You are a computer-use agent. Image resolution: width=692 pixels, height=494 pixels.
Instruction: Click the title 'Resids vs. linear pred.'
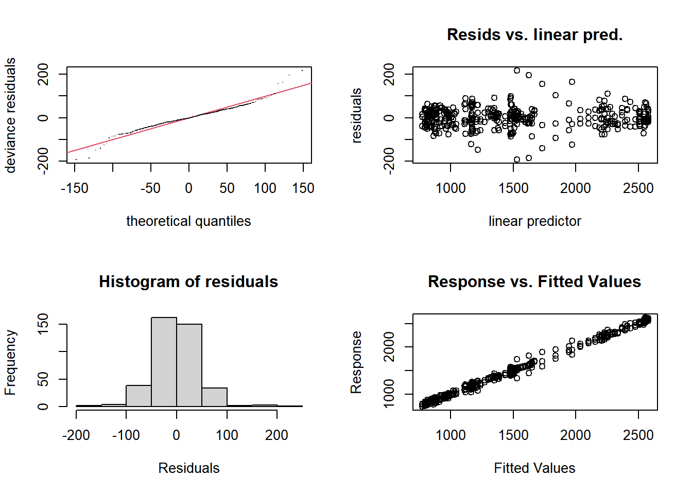tap(534, 34)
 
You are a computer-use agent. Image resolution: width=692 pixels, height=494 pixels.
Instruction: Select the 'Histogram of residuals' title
tap(188, 281)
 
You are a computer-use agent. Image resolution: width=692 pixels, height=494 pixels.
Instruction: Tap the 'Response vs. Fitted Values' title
tap(534, 281)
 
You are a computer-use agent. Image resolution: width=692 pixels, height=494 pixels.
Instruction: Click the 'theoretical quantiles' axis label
tap(188, 221)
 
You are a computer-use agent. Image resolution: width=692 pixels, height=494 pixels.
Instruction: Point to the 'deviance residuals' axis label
tap(10, 115)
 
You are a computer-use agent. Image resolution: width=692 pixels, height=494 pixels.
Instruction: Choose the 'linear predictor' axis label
tap(534, 221)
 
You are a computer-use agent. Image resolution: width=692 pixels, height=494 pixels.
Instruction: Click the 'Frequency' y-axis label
tap(10, 362)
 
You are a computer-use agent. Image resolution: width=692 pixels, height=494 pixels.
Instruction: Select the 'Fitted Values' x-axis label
tap(534, 468)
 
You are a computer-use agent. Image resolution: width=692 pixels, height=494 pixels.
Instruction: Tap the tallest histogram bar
tap(164, 362)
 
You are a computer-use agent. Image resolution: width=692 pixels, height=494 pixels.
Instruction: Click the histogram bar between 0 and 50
tap(189, 365)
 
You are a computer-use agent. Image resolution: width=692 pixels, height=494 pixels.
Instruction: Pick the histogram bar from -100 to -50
tap(139, 396)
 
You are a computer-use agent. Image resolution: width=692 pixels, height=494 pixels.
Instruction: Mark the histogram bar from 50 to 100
tap(214, 397)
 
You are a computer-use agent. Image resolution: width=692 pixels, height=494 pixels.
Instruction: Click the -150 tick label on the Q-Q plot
tap(75, 188)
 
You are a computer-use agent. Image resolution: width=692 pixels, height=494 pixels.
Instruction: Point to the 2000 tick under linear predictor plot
tap(576, 188)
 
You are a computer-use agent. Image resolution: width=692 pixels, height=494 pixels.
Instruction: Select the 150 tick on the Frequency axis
tap(43, 324)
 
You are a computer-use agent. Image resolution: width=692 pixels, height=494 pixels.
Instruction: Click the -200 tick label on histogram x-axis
tap(76, 435)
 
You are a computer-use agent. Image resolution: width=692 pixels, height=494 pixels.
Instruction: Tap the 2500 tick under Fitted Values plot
tap(638, 435)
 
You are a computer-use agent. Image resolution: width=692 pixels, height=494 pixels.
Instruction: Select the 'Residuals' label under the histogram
tap(188, 468)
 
